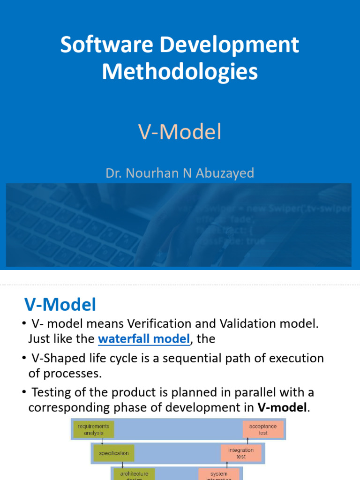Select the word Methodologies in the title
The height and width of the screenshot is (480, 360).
180,72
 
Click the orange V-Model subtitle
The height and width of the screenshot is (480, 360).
180,133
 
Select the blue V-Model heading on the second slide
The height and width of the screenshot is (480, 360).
60,305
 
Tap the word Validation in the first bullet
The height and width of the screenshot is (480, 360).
251,324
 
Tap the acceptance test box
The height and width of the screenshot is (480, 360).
263,429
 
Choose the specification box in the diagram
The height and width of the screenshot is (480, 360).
113,453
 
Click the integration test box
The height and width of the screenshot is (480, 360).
241,453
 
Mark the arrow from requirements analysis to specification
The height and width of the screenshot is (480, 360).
102,441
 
